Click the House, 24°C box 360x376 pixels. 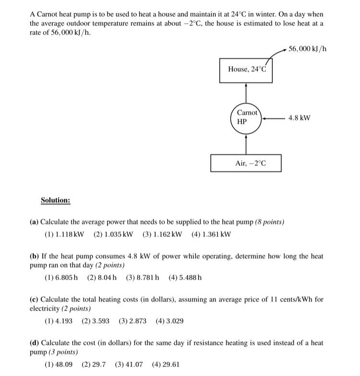(246, 70)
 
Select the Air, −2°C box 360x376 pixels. (246, 163)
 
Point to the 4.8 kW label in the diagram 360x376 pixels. (299, 117)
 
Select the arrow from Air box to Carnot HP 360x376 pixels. (246, 142)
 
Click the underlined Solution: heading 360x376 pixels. (56, 200)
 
